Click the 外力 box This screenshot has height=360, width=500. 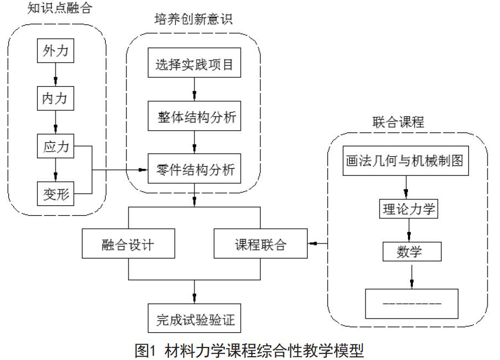tap(56, 51)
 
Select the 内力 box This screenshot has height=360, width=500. tap(56, 98)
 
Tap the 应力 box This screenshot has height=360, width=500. tap(56, 146)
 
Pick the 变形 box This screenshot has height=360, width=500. tap(56, 193)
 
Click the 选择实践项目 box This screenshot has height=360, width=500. tap(194, 63)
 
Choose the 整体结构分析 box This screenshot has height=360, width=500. tap(194, 116)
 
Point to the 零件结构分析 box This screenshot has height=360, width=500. tap(194, 168)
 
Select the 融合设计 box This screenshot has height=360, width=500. tap(129, 243)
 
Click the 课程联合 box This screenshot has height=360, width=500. tap(260, 243)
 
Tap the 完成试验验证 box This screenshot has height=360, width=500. tap(194, 318)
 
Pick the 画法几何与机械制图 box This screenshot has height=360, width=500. tap(406, 161)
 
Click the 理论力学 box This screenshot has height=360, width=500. tap(408, 209)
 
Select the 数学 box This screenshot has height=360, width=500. tap(412, 252)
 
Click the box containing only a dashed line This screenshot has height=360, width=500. tap(412, 303)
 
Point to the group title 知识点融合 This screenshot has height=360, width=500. tap(59, 8)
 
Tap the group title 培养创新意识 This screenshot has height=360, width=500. tap(193, 20)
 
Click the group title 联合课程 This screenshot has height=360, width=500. tap(398, 122)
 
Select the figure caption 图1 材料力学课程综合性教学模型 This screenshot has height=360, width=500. tap(249, 350)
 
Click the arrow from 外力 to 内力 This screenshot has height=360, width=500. tap(56, 74)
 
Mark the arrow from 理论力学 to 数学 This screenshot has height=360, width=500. tap(409, 230)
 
